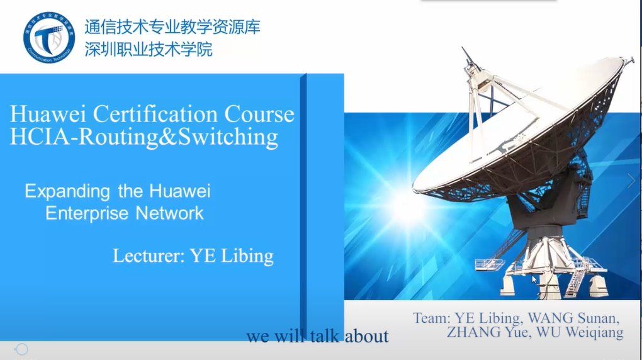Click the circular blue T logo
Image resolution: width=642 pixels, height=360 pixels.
[49, 38]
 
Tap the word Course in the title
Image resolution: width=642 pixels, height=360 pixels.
[259, 114]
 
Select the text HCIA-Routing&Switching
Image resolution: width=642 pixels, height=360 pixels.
[144, 137]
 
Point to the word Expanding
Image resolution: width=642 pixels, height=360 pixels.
[67, 191]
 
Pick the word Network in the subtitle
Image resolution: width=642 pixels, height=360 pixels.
[169, 213]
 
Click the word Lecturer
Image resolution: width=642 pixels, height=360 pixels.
[148, 256]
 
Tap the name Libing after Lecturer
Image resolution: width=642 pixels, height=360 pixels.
[247, 256]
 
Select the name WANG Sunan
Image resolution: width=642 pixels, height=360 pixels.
[573, 318]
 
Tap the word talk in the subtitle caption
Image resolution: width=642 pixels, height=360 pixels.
[324, 336]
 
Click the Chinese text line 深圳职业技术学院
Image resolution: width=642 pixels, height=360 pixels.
[149, 50]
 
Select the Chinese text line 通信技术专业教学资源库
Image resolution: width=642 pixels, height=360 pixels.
[172, 27]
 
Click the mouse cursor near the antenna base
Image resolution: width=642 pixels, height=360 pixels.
[534, 279]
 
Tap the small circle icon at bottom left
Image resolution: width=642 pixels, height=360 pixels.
[21, 349]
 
